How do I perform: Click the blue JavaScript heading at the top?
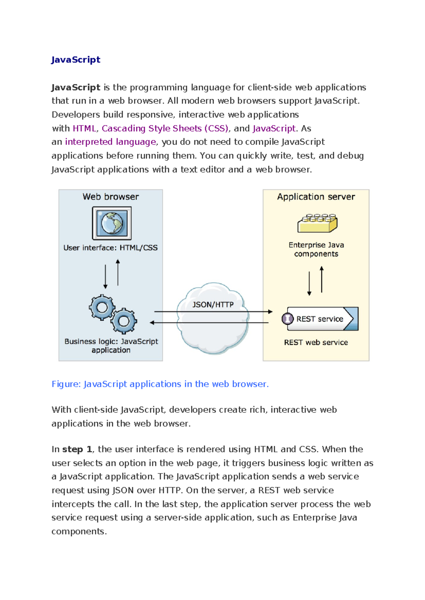76,59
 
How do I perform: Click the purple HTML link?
84,128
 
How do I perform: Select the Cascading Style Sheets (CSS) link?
165,128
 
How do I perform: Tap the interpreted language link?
110,142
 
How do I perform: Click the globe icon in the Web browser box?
112,223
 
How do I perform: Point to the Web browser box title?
110,197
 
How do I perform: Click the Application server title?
316,197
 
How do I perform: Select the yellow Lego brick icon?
317,223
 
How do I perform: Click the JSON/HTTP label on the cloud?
213,305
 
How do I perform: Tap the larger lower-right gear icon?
124,321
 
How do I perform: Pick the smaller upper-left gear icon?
102,307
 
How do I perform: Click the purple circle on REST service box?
288,319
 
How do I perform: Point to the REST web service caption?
316,342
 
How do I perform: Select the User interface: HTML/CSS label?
110,248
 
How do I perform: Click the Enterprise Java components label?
316,249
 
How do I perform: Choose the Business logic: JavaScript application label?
111,346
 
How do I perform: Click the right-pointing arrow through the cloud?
212,312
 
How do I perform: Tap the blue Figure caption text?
160,384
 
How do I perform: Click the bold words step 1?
77,449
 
